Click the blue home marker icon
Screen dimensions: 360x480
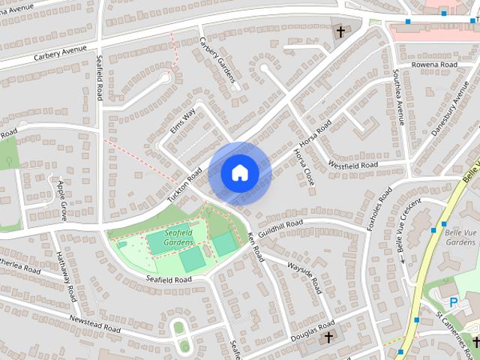tap(239, 173)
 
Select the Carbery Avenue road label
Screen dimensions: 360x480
tap(61, 56)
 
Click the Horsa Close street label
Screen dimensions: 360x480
tap(303, 166)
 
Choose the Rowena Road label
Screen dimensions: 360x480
tap(434, 65)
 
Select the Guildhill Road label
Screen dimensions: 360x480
tap(280, 229)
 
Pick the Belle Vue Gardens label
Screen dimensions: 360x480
tap(460, 237)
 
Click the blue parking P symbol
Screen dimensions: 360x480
tap(453, 301)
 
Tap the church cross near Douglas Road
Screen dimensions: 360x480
tap(328, 338)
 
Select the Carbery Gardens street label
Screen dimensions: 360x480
tap(217, 60)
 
